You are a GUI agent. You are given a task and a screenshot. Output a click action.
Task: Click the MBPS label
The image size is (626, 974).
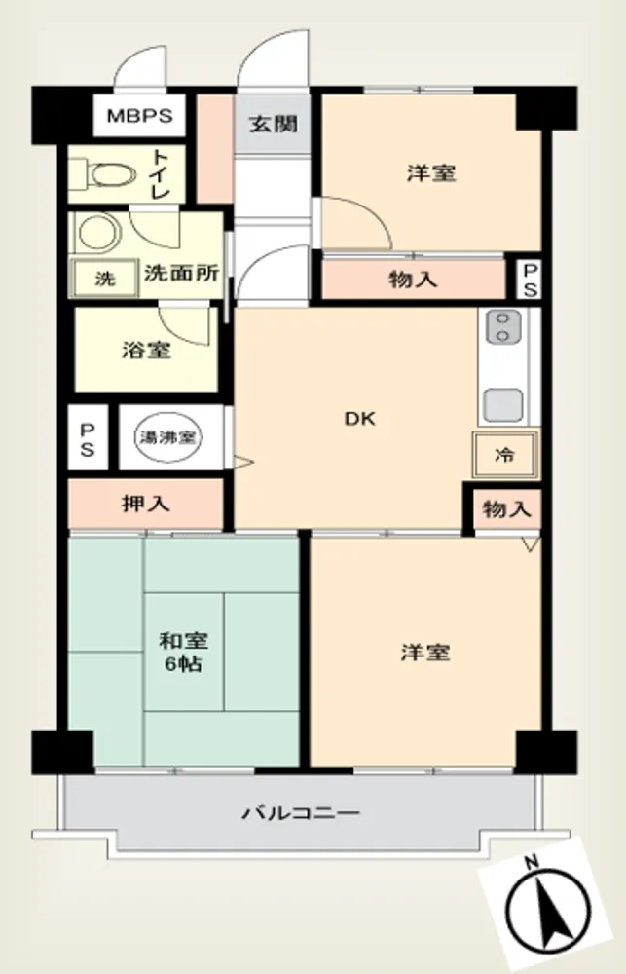(139, 116)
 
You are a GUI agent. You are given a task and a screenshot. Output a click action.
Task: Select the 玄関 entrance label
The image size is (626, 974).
(273, 125)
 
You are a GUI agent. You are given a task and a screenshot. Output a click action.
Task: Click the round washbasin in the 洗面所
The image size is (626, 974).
(98, 232)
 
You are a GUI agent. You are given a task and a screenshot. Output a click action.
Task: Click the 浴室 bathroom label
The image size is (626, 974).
(146, 350)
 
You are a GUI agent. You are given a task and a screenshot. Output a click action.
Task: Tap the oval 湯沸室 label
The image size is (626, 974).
(167, 437)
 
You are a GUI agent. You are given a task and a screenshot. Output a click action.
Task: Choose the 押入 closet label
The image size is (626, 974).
(146, 504)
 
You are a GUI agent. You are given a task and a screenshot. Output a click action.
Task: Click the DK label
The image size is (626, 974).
(360, 419)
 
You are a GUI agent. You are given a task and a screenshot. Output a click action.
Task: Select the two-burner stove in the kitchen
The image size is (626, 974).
(503, 326)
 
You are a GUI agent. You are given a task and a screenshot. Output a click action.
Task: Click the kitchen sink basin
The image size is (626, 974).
(503, 404)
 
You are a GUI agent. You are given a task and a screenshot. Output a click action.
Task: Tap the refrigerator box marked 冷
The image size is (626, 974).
(505, 454)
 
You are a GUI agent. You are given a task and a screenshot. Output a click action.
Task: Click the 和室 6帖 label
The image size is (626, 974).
(183, 652)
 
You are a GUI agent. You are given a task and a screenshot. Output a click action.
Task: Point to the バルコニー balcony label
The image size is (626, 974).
(301, 813)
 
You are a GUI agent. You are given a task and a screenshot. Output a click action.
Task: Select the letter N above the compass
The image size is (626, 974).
(531, 862)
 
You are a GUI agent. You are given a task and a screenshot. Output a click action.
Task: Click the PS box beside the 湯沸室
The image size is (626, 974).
(87, 438)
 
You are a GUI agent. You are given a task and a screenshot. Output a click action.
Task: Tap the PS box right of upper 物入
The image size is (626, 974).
(529, 279)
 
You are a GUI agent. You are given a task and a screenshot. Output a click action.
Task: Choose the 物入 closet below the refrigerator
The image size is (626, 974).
(507, 510)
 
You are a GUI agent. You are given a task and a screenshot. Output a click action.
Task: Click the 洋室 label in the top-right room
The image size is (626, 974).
(431, 172)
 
